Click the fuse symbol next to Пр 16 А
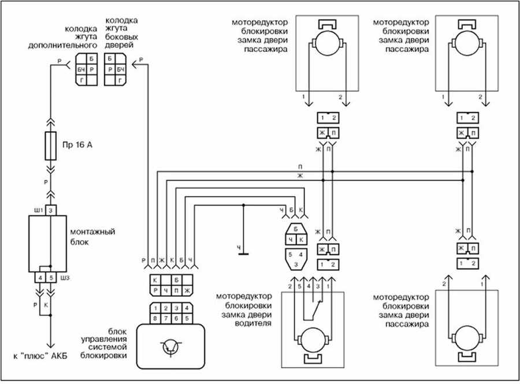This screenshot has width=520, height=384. [x=50, y=146]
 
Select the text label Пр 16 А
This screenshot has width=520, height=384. [x=77, y=145]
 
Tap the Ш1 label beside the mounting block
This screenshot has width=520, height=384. [x=39, y=211]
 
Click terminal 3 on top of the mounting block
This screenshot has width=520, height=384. [x=51, y=210]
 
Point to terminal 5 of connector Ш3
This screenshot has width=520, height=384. [x=51, y=278]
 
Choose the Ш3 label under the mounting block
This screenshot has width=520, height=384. [x=65, y=278]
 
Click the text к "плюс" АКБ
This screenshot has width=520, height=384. [x=40, y=356]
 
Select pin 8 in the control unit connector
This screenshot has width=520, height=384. [x=155, y=319]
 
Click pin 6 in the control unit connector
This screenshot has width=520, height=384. [x=176, y=319]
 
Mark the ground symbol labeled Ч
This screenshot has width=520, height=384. [x=243, y=254]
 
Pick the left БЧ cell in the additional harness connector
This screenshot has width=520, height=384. [x=81, y=69]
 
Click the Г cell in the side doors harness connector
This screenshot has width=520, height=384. [x=120, y=80]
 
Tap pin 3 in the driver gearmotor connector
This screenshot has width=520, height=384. [x=296, y=264]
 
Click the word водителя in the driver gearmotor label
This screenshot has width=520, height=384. [x=253, y=323]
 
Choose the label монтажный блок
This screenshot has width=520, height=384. [x=92, y=237]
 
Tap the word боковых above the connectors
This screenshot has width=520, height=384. [x=121, y=37]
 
